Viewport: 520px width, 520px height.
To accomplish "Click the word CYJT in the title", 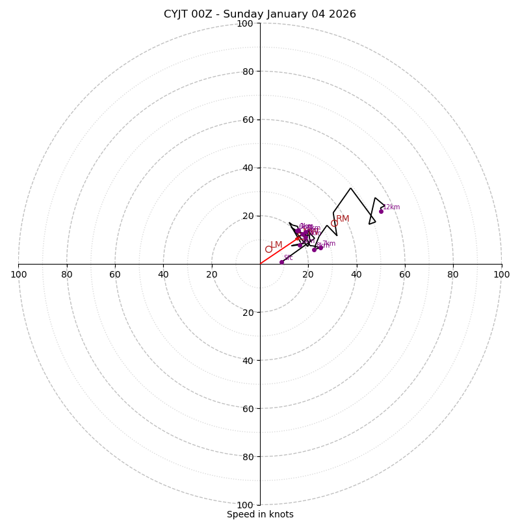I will click(x=177, y=14).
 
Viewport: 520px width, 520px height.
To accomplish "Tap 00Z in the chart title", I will click(x=205, y=14).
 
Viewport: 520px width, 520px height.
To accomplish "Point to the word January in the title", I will click(x=285, y=14).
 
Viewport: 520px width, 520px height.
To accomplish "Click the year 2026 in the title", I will click(x=342, y=14).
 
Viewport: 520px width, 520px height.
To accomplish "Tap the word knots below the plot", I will click(x=281, y=514).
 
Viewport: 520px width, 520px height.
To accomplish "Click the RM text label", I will click(x=343, y=219).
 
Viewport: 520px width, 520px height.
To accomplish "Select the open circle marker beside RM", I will click(x=334, y=223).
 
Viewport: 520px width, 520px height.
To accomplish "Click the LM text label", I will click(x=276, y=245).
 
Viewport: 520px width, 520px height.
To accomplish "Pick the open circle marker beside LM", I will click(x=268, y=249).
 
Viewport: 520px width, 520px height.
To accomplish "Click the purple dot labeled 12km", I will click(x=381, y=211).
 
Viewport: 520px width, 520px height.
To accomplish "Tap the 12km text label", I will click(x=391, y=207).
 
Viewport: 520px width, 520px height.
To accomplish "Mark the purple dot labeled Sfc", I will click(x=281, y=262).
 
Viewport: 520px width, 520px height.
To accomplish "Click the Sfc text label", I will click(x=288, y=257).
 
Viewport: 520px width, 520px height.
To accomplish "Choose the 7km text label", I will click(x=329, y=244).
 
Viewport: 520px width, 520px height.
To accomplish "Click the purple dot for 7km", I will click(x=320, y=248).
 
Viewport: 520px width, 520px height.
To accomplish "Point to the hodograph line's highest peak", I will click(x=350, y=188).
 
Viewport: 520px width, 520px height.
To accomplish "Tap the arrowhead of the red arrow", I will click(x=299, y=238).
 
